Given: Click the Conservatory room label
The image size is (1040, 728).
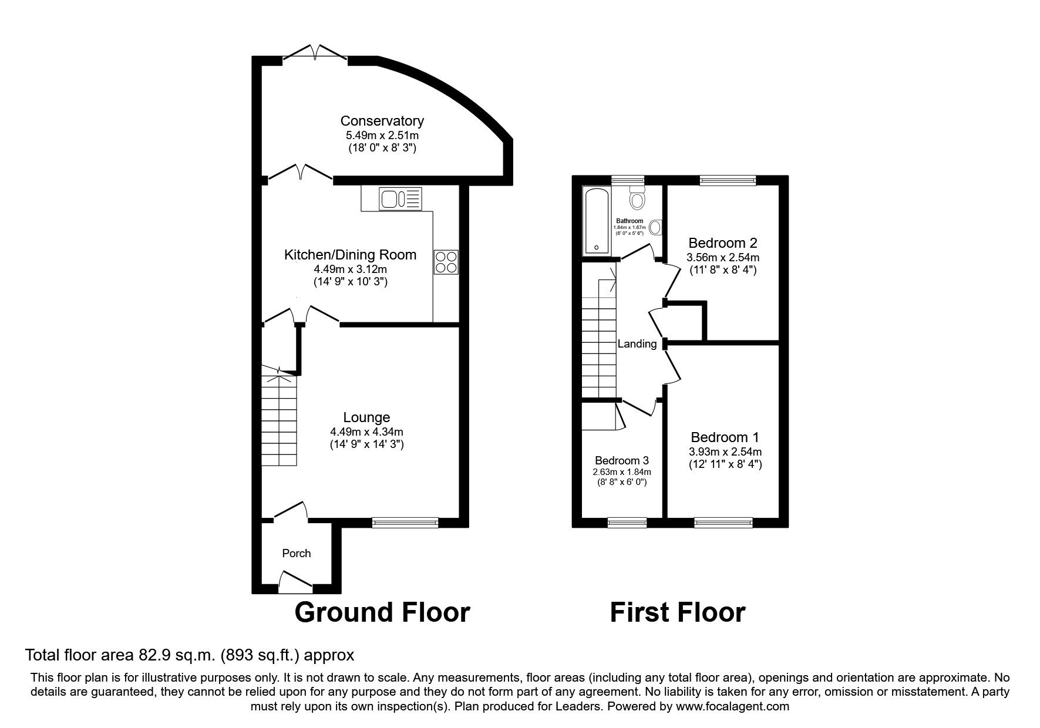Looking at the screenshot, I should coord(382,121).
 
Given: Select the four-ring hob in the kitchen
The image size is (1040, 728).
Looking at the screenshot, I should coord(446,262).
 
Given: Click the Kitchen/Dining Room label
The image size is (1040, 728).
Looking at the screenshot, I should coord(350,255).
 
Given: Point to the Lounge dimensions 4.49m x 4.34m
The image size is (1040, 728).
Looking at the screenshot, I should coord(366,432).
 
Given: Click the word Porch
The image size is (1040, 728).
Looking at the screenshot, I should coord(296,553).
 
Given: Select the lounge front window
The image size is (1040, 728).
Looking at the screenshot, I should coord(405,521).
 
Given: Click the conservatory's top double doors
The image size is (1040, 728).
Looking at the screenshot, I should coord(315,54).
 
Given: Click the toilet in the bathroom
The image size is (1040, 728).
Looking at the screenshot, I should coord(636,198).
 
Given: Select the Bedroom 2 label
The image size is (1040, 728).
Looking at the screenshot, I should coord(722,242).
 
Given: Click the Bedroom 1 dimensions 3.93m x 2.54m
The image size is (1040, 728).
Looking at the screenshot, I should coord(725,452).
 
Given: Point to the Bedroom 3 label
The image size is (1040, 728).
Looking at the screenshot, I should coord(621,460).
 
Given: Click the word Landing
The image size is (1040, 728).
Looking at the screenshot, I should coord(637,344).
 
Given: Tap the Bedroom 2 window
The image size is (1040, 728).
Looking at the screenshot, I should coord(727,180).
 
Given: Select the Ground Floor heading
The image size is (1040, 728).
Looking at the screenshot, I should coord(382,612).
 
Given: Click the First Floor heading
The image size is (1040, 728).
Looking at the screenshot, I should coord(677,612).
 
